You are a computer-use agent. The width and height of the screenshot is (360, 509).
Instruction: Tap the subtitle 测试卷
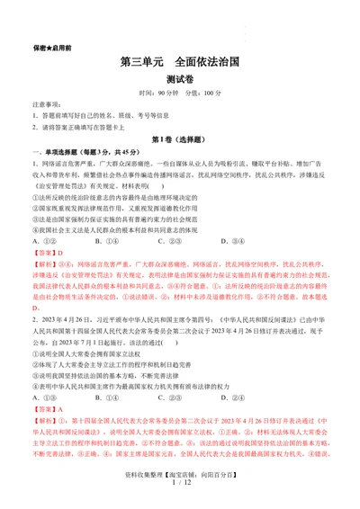(x=179, y=82)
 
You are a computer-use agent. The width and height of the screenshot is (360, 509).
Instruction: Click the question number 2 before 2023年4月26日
(x=35, y=319)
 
